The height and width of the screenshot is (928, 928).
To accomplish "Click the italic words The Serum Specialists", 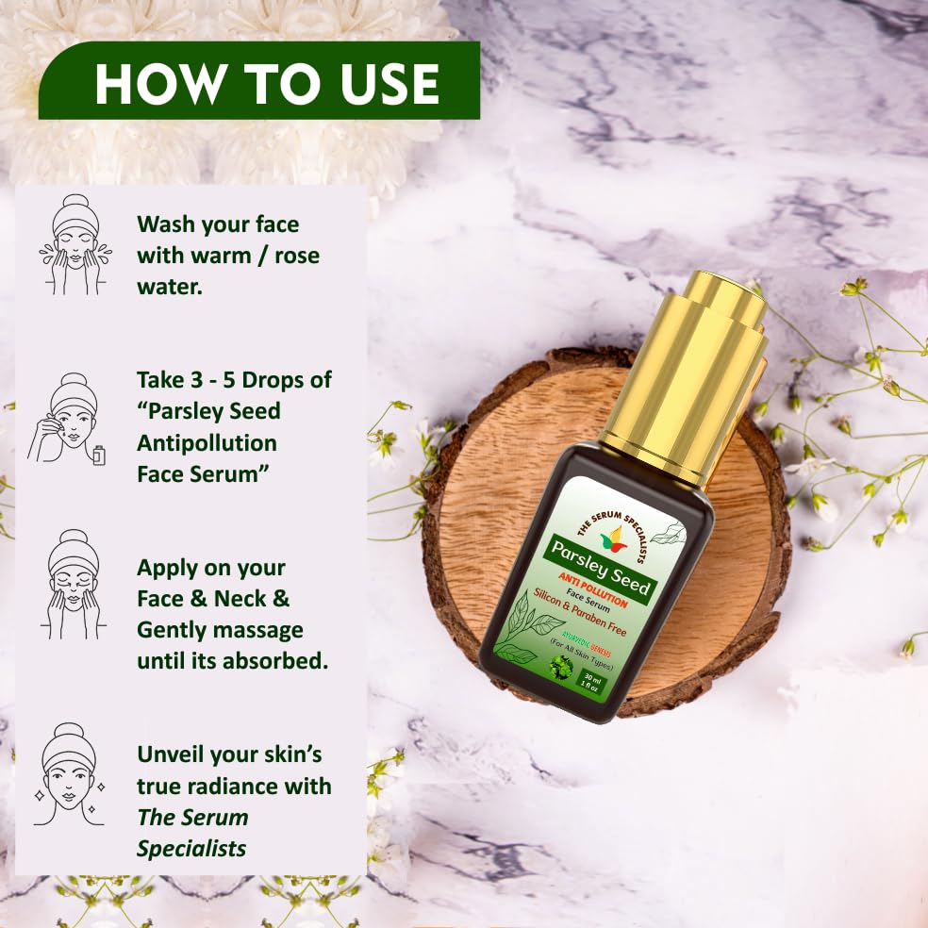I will (x=192, y=832).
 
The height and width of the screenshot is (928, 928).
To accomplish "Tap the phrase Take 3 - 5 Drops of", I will (x=234, y=379).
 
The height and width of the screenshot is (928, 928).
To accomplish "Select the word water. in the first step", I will (x=170, y=286).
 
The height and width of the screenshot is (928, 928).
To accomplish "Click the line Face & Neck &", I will (x=213, y=599).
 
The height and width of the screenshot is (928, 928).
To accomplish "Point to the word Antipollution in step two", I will (x=207, y=442).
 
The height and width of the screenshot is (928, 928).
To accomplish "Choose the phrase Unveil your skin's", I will (x=229, y=754).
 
